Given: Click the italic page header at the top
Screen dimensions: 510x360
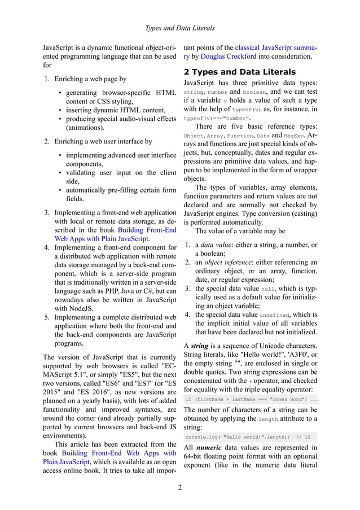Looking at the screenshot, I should (180, 28).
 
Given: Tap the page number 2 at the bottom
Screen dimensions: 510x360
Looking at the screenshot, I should (179, 487).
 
